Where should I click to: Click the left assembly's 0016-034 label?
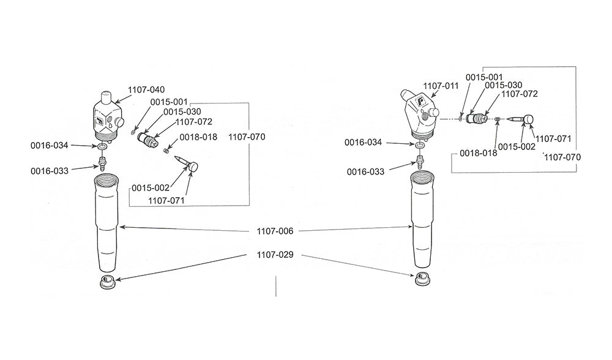pos(50,146)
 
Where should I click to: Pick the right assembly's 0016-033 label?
pos(365,172)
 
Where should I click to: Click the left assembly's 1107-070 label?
pos(247,138)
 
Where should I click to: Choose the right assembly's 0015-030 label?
pos(504,84)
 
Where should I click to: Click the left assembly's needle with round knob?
pos(186,162)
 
